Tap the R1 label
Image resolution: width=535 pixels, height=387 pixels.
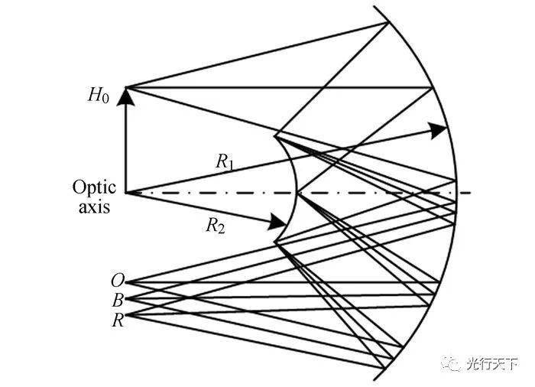coord(224,161)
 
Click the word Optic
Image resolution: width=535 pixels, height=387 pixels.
coord(94,187)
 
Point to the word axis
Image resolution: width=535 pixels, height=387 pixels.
coord(95,206)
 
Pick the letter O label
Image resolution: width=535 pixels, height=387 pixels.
coord(116,281)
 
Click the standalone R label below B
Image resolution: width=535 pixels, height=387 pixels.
coord(117,318)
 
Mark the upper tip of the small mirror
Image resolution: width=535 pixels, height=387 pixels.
coord(274,135)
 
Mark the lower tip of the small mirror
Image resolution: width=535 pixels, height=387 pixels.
coord(276,244)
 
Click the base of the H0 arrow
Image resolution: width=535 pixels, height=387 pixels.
coord(125,192)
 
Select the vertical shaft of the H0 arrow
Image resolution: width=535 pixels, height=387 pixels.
coord(125,145)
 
